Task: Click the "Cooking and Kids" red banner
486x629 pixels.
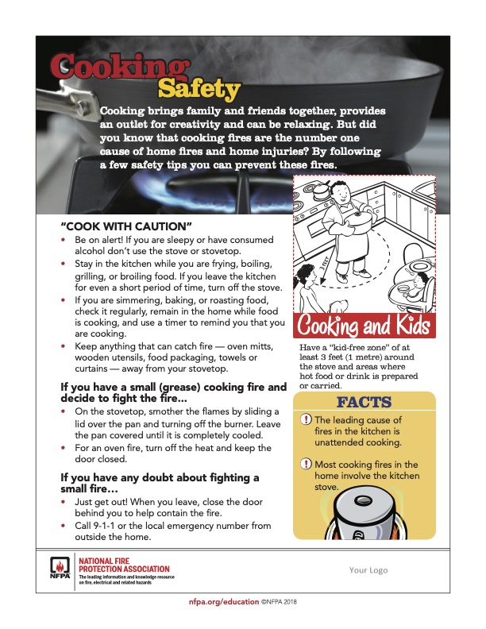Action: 364,326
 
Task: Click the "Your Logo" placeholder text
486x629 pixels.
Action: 368,569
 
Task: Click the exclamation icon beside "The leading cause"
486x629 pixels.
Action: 307,420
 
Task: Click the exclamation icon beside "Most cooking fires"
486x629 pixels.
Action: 307,464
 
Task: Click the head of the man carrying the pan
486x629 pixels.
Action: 338,192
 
